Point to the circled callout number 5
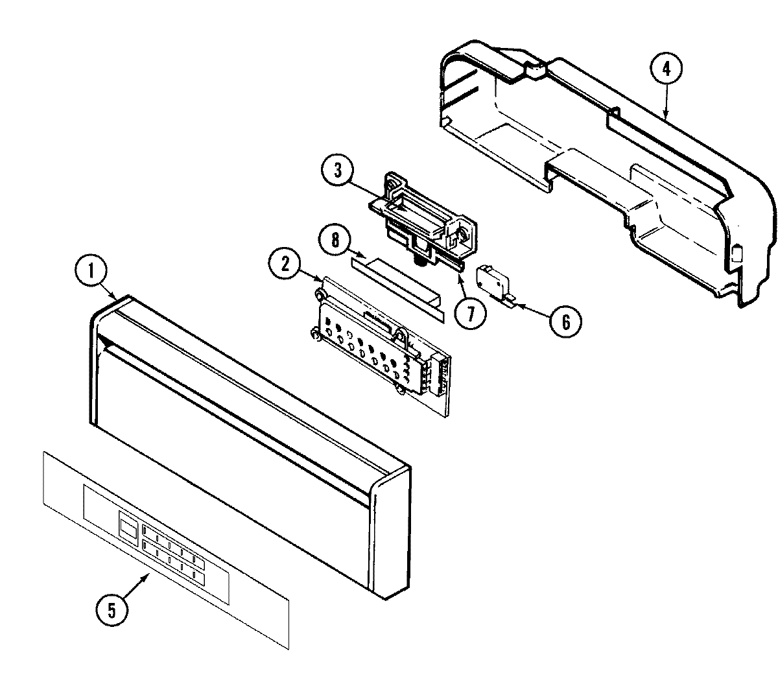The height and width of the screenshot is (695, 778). [x=112, y=610]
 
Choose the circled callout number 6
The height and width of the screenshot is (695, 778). [x=565, y=322]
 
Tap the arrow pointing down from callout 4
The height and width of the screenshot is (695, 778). [x=666, y=104]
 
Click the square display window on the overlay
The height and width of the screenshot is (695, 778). [x=128, y=525]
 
